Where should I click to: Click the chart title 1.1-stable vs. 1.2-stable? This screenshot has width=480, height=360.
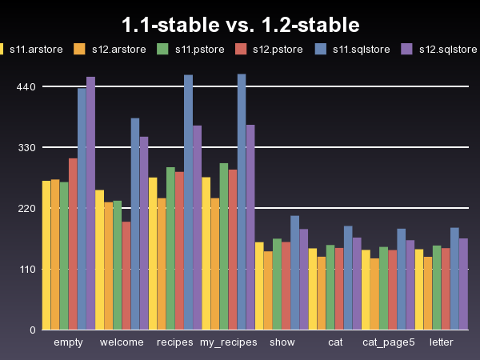(x=240, y=26)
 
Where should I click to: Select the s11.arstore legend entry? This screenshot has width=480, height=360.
(x=32, y=49)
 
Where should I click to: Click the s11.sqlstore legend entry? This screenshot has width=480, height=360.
(x=360, y=49)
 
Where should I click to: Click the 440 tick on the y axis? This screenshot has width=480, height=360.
(x=26, y=86)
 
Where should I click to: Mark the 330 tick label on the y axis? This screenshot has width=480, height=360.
(x=26, y=147)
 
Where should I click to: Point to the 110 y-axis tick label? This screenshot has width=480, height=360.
(x=26, y=269)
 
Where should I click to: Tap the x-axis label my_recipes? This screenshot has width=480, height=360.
(x=228, y=342)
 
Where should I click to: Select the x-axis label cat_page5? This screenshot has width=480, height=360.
(x=388, y=342)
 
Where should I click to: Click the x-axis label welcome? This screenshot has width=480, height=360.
(x=122, y=342)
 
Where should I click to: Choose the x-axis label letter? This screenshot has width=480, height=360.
(x=441, y=342)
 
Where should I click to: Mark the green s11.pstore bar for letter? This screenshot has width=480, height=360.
(x=437, y=287)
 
